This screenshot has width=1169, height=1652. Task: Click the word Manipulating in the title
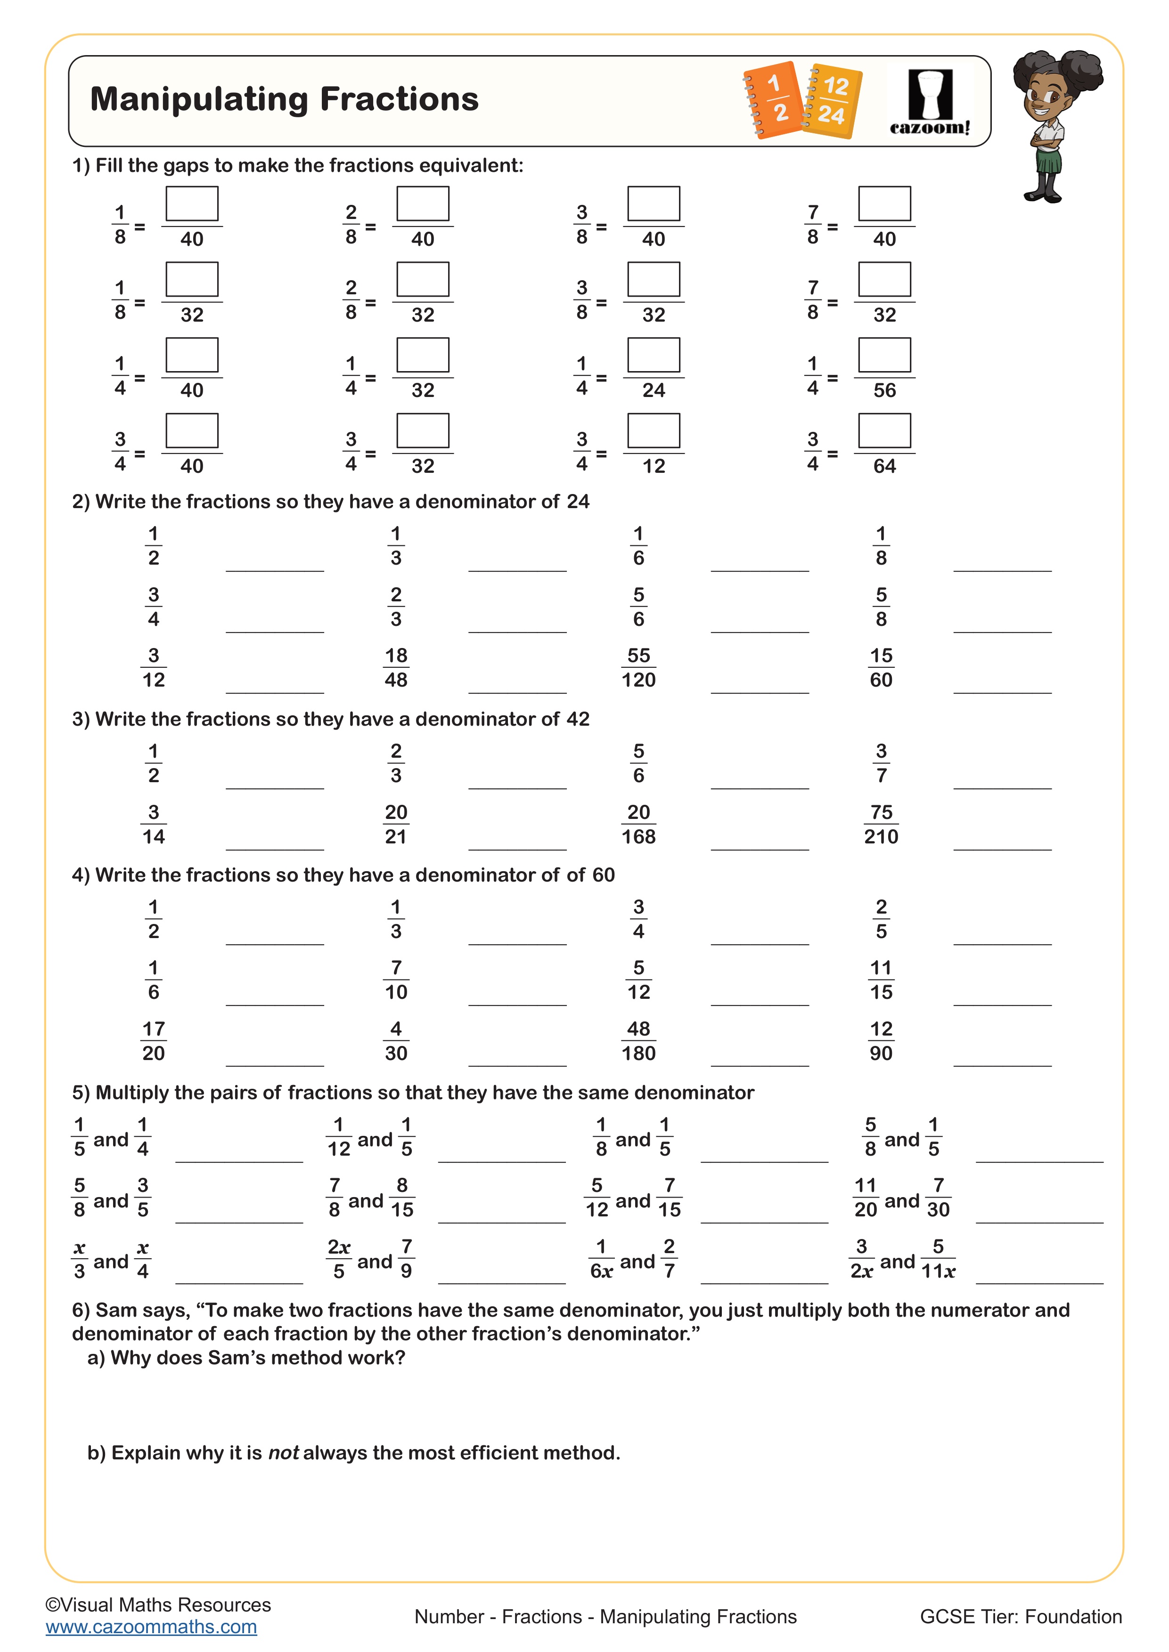point(200,99)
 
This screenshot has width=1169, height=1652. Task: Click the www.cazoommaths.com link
point(151,1627)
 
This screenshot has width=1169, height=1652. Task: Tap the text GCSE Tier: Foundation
point(1020,1617)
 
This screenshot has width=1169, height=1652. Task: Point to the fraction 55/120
point(638,668)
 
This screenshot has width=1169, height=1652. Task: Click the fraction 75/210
point(881,825)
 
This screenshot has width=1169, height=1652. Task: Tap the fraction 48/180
point(638,1041)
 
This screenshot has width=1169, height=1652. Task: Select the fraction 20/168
point(638,825)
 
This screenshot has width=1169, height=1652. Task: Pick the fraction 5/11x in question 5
point(938,1259)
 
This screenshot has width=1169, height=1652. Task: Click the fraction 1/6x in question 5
point(601,1259)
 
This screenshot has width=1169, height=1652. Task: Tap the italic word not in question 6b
point(283,1453)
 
